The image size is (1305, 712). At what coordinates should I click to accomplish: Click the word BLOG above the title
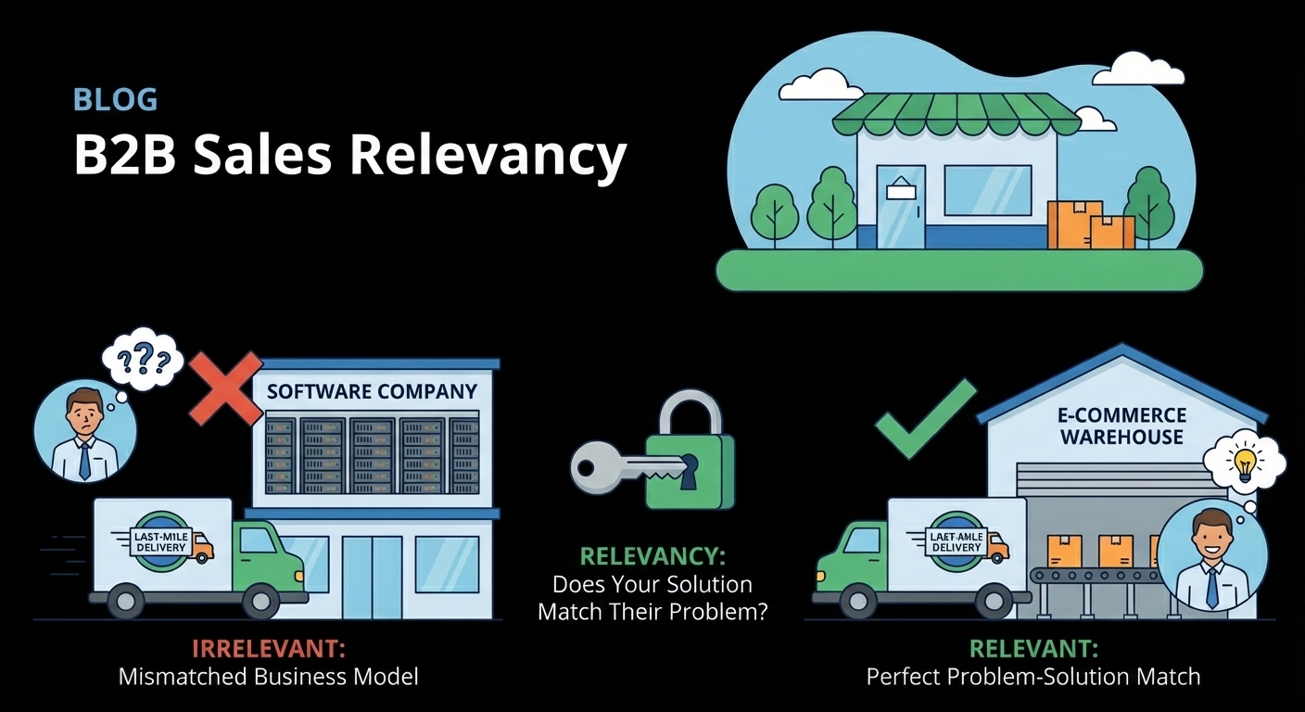click(115, 99)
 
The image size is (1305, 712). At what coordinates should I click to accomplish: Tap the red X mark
click(226, 389)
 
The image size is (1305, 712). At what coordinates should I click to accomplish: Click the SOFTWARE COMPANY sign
click(372, 391)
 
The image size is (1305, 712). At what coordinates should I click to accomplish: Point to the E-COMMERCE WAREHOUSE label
click(1122, 426)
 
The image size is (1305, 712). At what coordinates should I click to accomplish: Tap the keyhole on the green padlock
click(687, 470)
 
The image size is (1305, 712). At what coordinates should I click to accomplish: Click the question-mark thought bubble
click(142, 357)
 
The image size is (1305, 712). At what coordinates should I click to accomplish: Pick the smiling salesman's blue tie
click(1212, 588)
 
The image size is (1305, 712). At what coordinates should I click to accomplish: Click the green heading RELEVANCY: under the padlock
click(652, 556)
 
